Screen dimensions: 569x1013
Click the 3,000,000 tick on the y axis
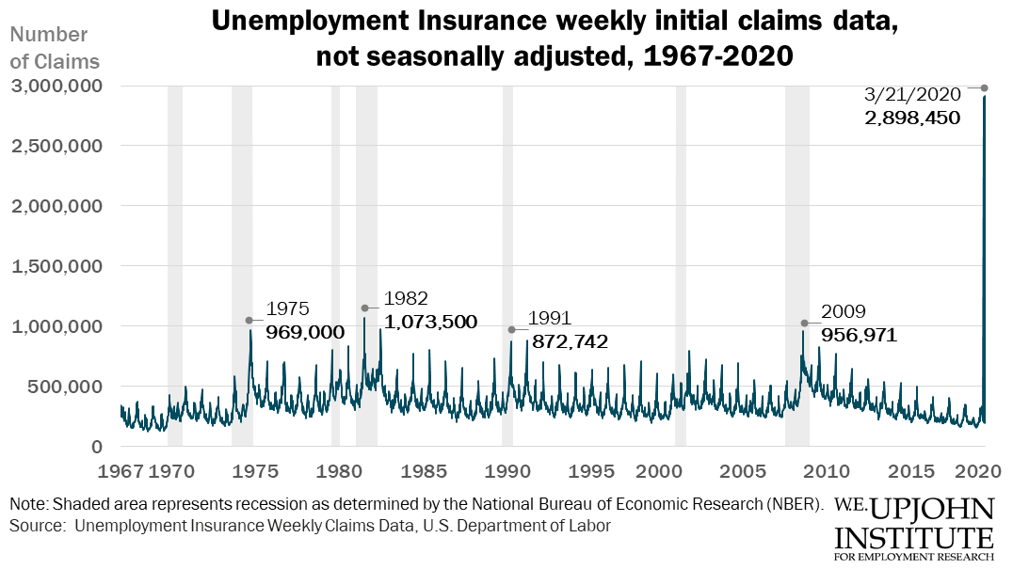coord(56,86)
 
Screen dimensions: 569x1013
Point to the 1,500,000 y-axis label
coord(56,266)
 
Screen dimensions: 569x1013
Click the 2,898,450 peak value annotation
coord(911,118)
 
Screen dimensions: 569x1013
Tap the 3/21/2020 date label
coord(911,94)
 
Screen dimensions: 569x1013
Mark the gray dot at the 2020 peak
coord(985,88)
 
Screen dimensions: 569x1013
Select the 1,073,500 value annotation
coord(429,322)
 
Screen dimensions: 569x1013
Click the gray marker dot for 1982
coord(364,308)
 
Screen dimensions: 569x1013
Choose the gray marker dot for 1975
coord(249,320)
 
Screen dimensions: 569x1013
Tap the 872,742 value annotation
coord(570,341)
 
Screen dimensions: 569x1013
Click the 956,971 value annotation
coord(859,335)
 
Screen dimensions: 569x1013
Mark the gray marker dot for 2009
coord(804,323)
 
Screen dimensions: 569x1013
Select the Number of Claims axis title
coord(54,48)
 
